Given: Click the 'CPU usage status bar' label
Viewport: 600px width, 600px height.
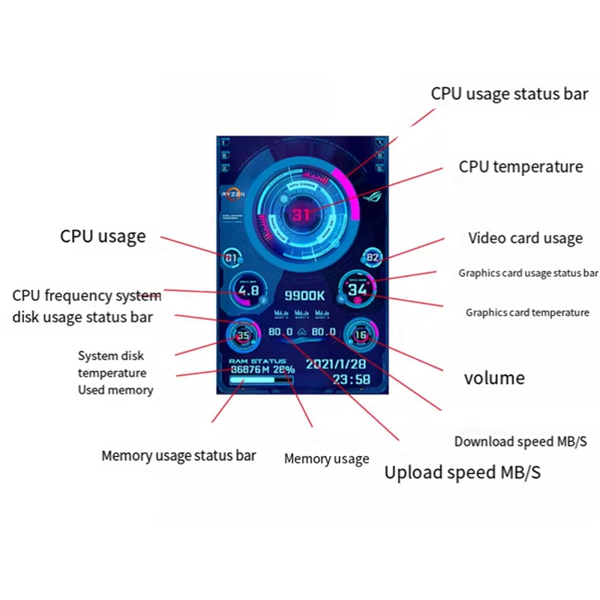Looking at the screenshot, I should point(509,94).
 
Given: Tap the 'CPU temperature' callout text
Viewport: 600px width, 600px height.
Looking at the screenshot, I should point(520,166).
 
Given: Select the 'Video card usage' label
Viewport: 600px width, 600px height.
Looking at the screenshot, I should point(525,238).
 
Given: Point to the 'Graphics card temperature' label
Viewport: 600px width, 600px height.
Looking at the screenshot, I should point(527,312).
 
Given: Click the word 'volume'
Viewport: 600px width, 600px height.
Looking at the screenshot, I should point(494,377).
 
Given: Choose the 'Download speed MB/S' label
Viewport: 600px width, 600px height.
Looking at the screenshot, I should point(520,442).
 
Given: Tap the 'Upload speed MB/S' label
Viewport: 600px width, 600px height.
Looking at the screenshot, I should point(462,472).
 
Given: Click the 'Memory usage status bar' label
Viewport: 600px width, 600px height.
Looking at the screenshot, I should point(178,455).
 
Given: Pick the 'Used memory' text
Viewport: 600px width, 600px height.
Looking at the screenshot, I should point(115,390).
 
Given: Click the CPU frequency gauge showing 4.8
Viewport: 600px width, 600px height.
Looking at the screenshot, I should point(248,290).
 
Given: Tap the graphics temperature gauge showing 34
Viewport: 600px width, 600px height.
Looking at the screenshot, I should point(357,289).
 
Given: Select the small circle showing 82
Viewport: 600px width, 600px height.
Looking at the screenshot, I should point(373,258).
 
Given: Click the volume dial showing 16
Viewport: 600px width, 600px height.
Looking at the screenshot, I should point(360,335).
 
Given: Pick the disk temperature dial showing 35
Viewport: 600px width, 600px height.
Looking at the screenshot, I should point(244,335).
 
